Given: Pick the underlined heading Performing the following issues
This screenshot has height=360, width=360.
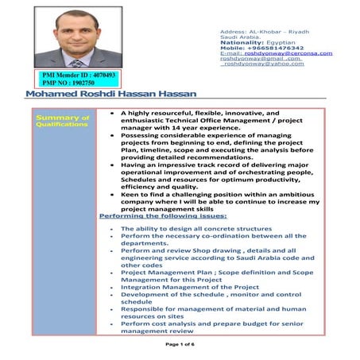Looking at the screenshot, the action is point(163,215).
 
